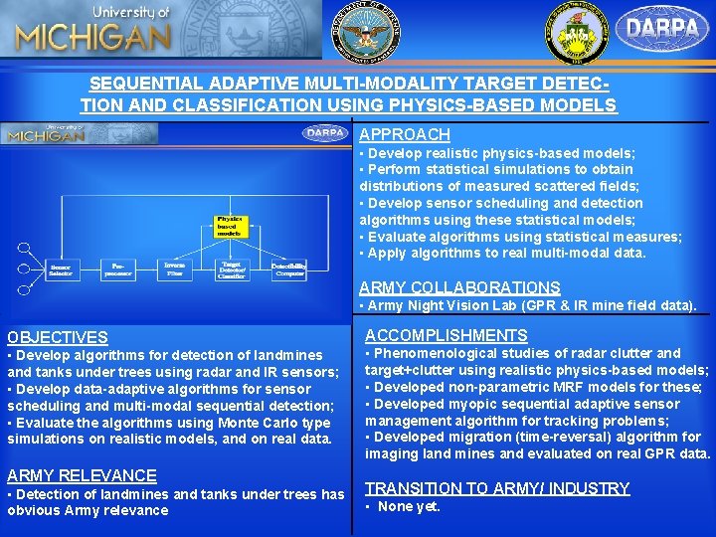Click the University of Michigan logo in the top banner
[x=92, y=30]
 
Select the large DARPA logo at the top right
[x=662, y=29]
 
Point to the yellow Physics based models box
[x=230, y=224]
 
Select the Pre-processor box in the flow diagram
[x=117, y=269]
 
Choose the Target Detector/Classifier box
[x=231, y=269]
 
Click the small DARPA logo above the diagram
[x=325, y=132]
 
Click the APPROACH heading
[x=405, y=134]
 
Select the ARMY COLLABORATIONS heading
[x=459, y=288]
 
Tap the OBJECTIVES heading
[x=57, y=338]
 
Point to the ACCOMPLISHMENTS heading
[x=446, y=336]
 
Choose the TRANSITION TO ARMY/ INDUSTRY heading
[x=497, y=488]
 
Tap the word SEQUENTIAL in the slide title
[x=140, y=86]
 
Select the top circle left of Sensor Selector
[x=23, y=246]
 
